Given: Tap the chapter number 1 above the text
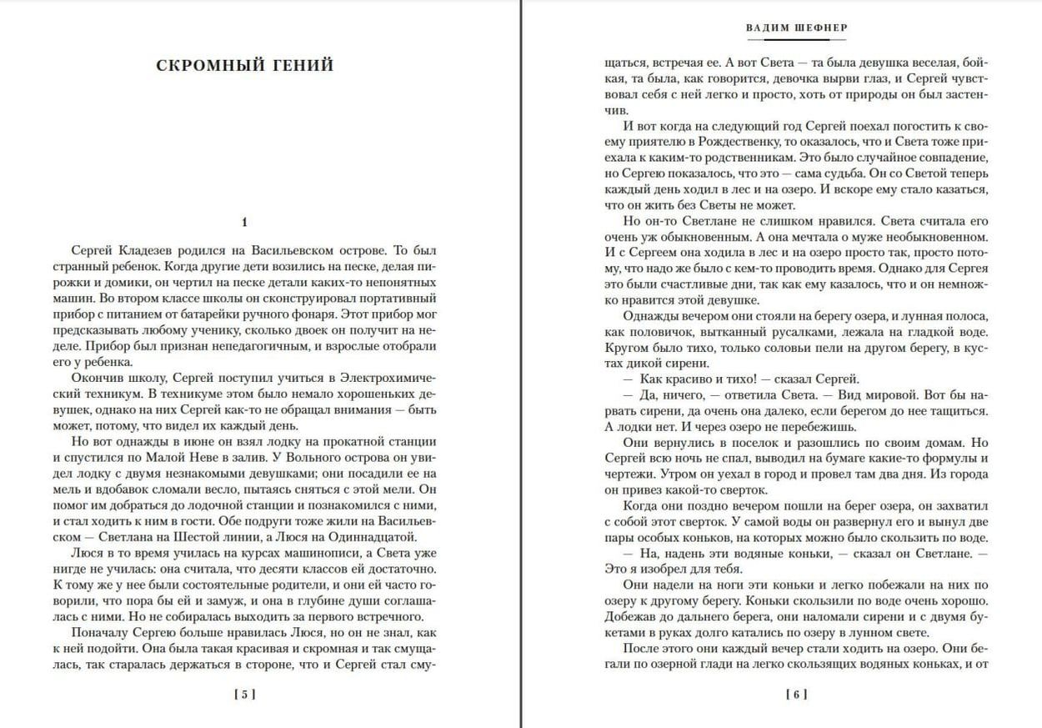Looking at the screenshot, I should pos(244,222).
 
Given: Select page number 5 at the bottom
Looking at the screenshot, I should pos(244,694).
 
